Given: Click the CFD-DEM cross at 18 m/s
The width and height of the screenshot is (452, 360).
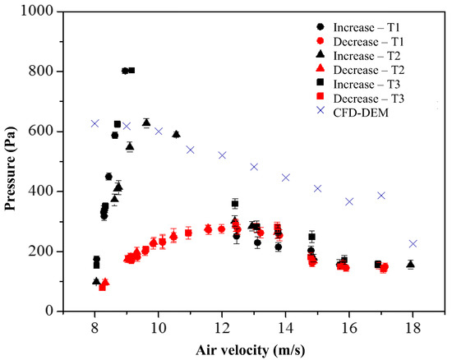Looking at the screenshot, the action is [413, 243].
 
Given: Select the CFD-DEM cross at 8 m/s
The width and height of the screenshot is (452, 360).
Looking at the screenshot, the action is [95, 123].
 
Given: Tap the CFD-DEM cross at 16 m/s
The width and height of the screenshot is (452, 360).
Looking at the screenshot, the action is [349, 201].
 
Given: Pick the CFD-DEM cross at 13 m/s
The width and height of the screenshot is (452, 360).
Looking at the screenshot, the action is [254, 167].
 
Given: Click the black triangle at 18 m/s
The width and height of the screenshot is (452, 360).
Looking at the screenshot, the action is [410, 264].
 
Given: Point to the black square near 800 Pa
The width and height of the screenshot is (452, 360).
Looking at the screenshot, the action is [131, 71].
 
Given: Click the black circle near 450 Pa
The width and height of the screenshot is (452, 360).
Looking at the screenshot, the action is [108, 177].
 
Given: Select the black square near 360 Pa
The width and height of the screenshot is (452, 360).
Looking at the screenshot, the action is [235, 204].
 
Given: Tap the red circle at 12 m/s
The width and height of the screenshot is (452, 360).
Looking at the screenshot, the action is [221, 229].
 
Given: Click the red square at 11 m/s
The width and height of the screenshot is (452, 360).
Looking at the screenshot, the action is [188, 233].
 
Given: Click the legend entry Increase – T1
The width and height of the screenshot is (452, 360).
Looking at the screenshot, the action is [358, 27].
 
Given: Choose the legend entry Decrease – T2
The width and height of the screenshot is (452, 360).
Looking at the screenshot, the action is [360, 70].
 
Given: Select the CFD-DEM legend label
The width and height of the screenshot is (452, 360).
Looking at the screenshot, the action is [361, 113].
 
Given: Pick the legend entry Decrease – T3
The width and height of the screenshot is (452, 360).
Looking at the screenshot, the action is [360, 99].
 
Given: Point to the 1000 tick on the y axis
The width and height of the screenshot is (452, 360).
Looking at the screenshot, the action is [60, 12].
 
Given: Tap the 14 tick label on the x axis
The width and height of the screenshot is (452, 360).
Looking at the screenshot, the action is [285, 328].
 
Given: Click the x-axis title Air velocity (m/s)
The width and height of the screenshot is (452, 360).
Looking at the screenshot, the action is [250, 350].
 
